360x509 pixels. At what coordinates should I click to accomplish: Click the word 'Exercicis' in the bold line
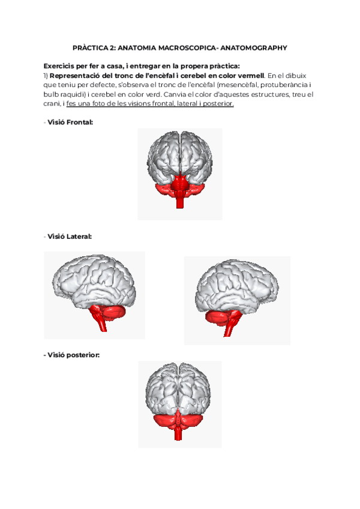(x=61, y=66)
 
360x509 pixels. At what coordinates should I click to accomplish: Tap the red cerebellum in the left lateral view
(x=112, y=313)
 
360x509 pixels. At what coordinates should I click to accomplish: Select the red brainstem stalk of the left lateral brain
(x=101, y=325)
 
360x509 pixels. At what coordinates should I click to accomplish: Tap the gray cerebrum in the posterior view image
(x=179, y=387)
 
